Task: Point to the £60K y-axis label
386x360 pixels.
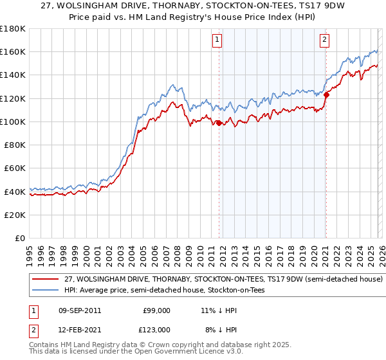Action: coord(15,168)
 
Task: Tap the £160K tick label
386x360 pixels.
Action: coord(13,51)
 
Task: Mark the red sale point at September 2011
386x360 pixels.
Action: coord(219,123)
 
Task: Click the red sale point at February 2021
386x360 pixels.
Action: coord(326,95)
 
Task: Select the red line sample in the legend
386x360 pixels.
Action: coord(45,280)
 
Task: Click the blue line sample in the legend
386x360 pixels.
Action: coord(45,291)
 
